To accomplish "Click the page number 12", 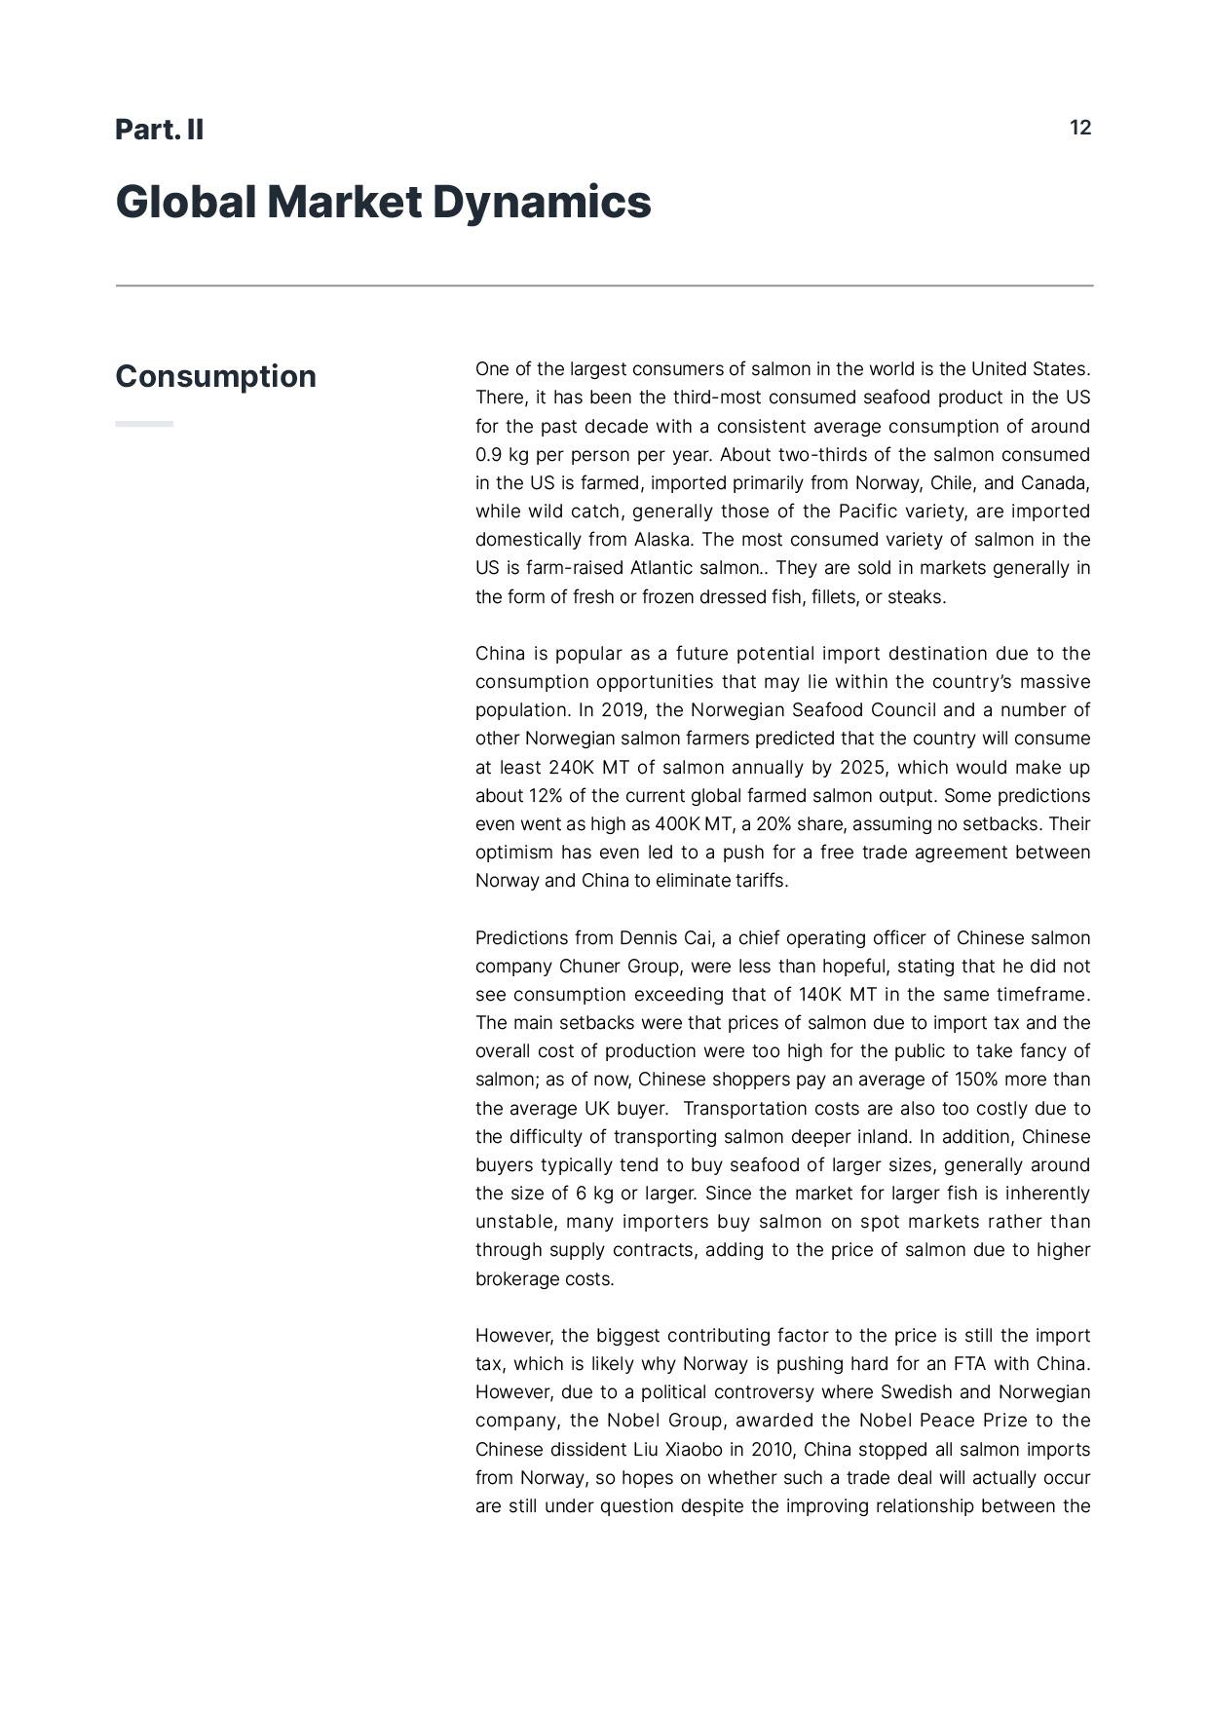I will [1080, 128].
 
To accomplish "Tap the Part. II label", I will [159, 130].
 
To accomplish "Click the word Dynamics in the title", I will [541, 202].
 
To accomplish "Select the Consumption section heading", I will [215, 376].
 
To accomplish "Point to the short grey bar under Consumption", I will [144, 424].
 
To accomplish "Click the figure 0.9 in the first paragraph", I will [488, 455].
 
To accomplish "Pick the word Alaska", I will [661, 540].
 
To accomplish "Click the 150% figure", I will [954, 1080].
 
